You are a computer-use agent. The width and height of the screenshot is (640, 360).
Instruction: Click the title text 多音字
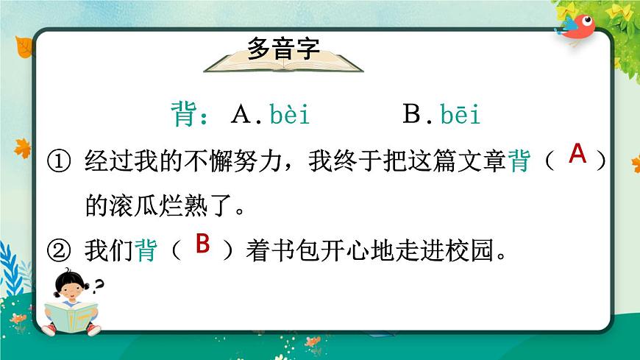pyautogui.click(x=283, y=49)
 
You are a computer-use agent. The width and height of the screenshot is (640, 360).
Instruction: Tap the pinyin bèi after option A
pyautogui.click(x=290, y=115)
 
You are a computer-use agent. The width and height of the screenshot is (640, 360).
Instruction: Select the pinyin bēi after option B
pyautogui.click(x=461, y=115)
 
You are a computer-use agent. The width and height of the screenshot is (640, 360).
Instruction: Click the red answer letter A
pyautogui.click(x=578, y=155)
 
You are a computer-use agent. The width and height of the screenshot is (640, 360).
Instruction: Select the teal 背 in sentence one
pyautogui.click(x=519, y=160)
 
